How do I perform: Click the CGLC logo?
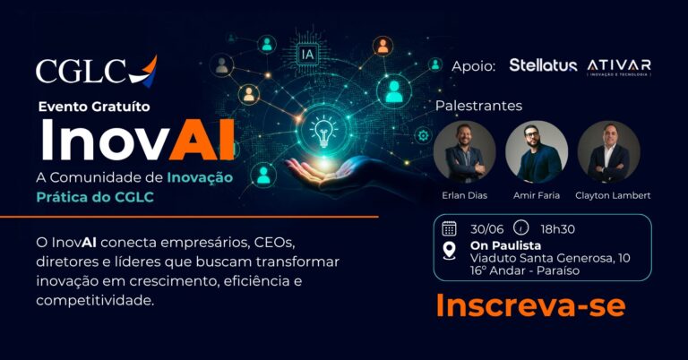96,71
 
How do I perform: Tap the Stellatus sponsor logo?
543,65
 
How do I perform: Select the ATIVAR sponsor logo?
619,67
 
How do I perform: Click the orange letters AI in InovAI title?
202,140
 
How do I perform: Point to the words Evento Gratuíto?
94,107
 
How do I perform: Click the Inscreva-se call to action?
530,305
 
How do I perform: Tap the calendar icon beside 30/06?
450,228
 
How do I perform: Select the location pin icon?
450,252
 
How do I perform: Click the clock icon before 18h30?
520,227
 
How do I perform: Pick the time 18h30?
557,229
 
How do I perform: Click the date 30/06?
486,229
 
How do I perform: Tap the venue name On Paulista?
505,245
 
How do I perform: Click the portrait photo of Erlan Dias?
465,151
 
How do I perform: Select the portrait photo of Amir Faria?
537,151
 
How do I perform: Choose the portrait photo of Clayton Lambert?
608,151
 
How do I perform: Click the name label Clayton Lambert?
613,195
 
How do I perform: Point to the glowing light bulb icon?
323,131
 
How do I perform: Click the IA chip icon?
307,55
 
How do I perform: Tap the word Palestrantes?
478,106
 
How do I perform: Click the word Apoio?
473,66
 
